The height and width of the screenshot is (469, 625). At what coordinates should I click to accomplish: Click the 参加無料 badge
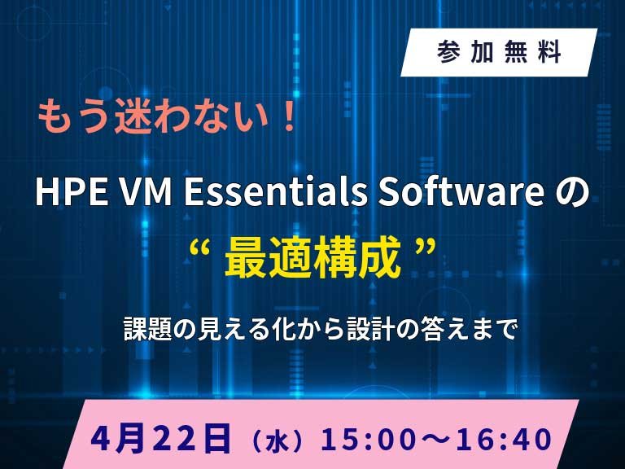[499, 53]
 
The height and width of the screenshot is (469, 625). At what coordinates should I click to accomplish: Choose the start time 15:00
[361, 441]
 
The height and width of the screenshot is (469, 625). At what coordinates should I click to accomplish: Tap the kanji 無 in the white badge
[520, 53]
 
